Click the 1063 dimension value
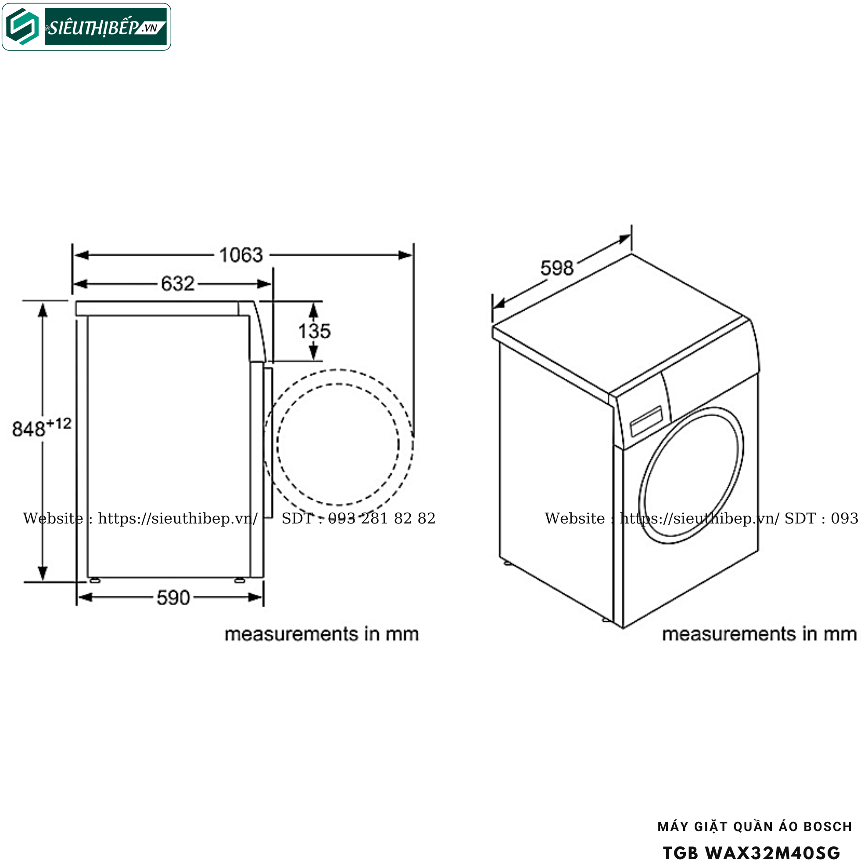pos(241,255)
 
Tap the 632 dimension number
pos(178,283)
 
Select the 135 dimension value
pos(314,331)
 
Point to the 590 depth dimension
pos(173,598)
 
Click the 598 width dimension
pos(557,268)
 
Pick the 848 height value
pos(29,429)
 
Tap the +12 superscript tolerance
pos(59,423)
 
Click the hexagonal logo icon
pos(22,26)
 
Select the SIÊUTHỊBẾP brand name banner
pos(106,27)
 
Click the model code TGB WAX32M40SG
pos(751,853)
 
